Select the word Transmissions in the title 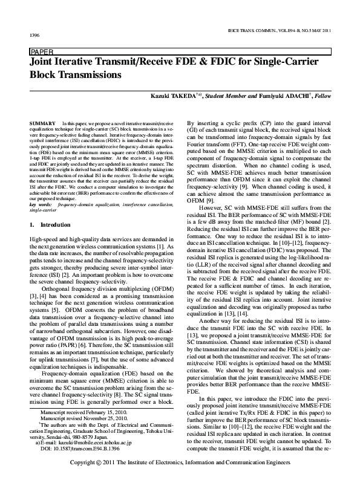point(102,76)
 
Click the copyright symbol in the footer point(100,462)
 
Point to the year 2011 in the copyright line point(110,462)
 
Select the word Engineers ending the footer point(276,462)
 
